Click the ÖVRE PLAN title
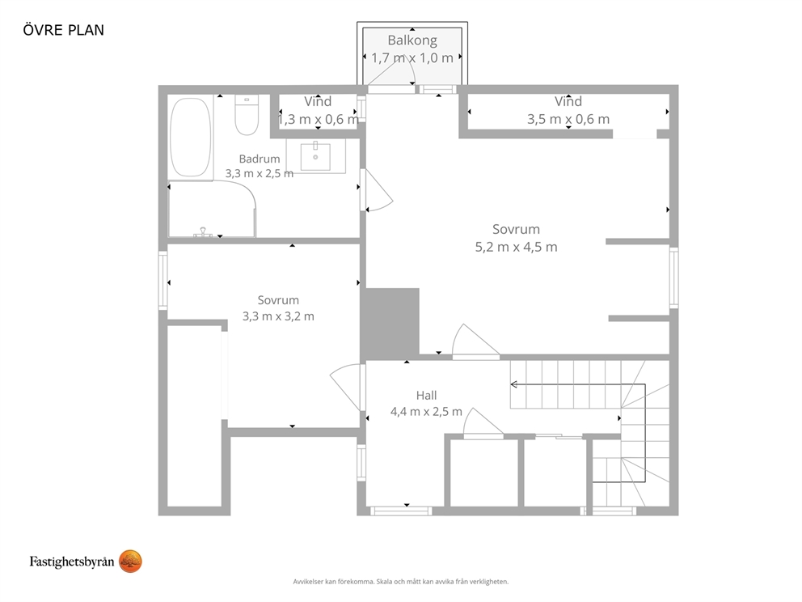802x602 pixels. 63,30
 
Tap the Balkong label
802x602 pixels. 412,40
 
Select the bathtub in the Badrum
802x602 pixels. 190,138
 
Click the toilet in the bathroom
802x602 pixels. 247,115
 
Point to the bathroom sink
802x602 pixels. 315,156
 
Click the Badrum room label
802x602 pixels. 260,159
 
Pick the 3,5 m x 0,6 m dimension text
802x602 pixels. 568,119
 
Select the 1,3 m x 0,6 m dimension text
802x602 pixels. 318,119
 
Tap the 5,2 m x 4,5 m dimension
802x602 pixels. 516,247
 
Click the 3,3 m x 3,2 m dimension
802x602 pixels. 278,316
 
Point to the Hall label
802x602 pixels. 426,395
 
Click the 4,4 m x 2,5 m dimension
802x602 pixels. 426,412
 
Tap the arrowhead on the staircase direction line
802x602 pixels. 513,384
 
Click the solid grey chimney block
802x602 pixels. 390,324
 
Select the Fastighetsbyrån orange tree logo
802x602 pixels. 130,562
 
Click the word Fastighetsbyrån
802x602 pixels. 72,562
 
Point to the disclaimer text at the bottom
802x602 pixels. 400,582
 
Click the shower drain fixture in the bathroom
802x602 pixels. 203,232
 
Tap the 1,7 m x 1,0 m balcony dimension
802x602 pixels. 412,57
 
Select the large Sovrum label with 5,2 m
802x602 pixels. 516,229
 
